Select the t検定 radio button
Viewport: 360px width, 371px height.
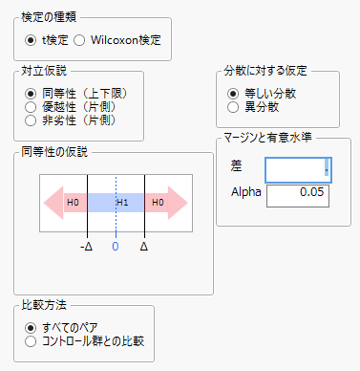[x=32, y=41]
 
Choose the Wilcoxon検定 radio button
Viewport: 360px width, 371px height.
[x=80, y=41]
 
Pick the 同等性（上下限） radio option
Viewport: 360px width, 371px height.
[x=31, y=94]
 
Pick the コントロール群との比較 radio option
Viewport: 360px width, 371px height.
[x=31, y=340]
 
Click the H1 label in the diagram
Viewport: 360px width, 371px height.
[x=121, y=204]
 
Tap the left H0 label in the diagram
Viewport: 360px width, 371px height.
[x=72, y=204]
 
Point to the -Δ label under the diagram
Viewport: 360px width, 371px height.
[x=86, y=246]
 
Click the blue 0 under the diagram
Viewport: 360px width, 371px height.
[x=116, y=246]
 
